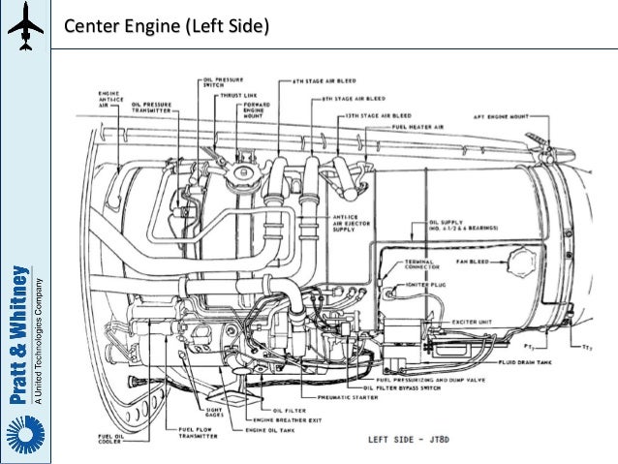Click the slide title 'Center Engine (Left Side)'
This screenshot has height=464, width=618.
point(168,23)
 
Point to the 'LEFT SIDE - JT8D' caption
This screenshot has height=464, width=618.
point(406,440)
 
